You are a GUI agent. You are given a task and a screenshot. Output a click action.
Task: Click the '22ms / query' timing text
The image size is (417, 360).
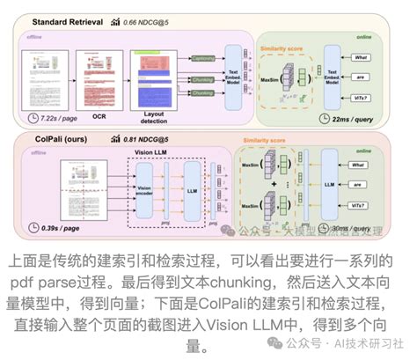coord(361,118)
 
